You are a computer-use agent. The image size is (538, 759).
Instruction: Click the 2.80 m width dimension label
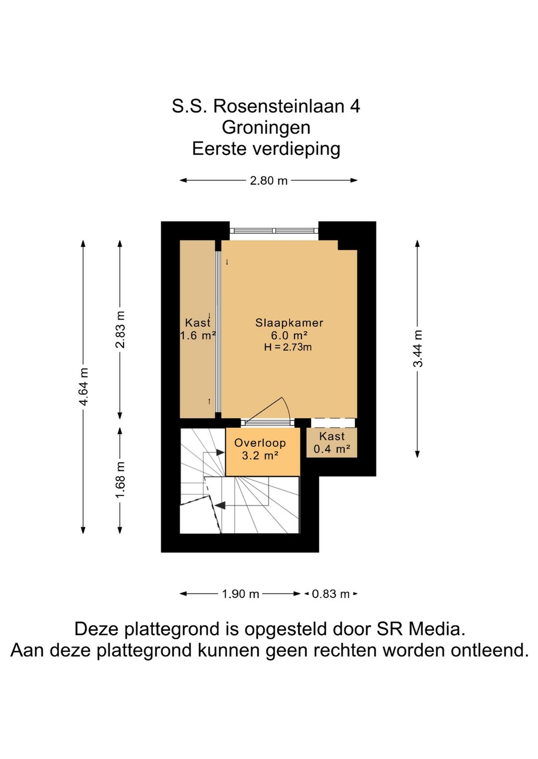pos(269,181)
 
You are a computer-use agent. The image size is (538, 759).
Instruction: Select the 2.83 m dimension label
pos(120,329)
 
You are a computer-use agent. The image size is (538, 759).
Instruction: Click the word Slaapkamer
pos(289,323)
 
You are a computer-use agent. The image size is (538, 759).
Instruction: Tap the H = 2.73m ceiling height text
pos(288,347)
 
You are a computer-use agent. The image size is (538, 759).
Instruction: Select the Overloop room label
pos(260,443)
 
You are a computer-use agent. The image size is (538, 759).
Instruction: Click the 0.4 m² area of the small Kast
pos(332,449)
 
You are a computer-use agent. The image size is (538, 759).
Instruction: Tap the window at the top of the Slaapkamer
pos(274,231)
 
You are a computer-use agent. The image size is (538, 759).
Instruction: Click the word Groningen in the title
pos(266,128)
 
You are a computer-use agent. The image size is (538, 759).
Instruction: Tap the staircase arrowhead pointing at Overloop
pos(220,452)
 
